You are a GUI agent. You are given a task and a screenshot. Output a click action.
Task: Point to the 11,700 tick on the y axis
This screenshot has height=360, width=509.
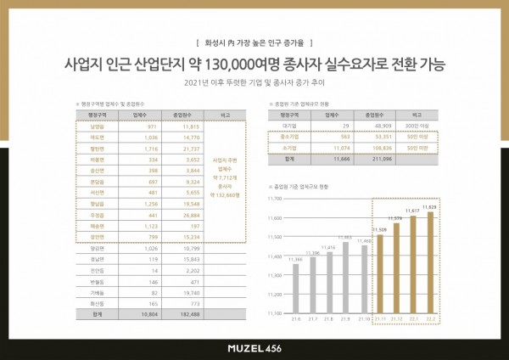[273, 198]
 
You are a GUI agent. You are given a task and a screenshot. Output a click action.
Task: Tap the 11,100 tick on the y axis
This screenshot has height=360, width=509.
[273, 313]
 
